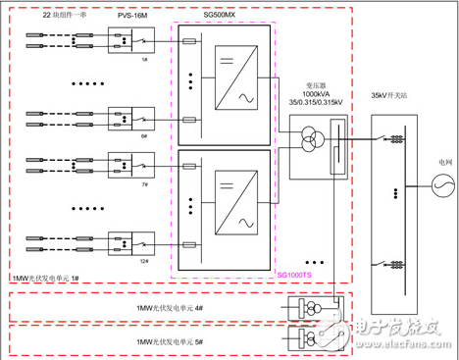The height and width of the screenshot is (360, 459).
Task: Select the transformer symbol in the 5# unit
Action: coord(299,339)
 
